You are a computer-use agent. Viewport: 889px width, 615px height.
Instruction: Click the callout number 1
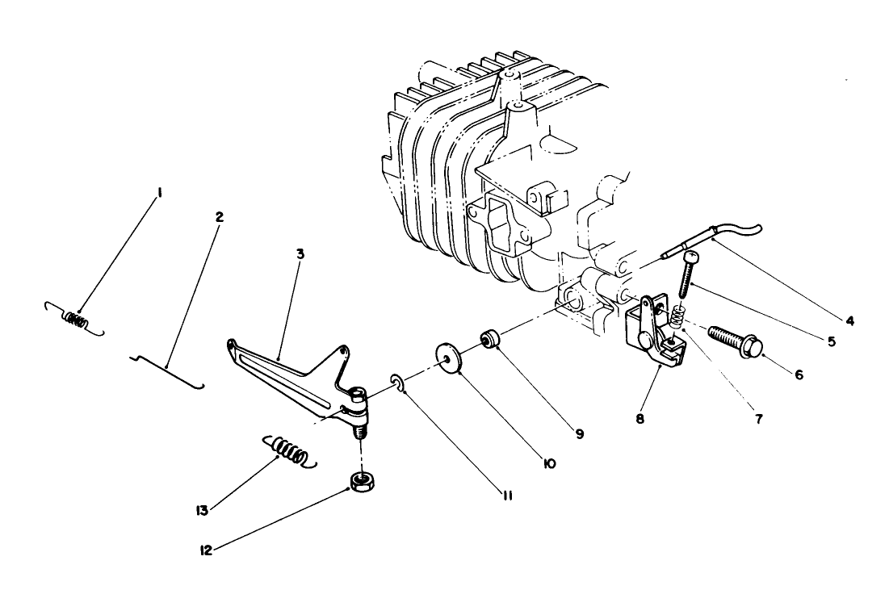(161, 193)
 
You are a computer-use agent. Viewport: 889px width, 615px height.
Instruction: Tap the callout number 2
(219, 216)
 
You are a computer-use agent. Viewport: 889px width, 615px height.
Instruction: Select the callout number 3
(300, 253)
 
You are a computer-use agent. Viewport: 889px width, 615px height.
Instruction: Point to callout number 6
(798, 374)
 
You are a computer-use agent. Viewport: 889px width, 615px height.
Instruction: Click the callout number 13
(201, 510)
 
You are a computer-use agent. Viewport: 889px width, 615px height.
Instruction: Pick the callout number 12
(206, 550)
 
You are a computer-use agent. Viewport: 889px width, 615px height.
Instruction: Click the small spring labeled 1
(76, 319)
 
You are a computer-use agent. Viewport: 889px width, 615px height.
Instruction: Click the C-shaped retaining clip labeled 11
(396, 382)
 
